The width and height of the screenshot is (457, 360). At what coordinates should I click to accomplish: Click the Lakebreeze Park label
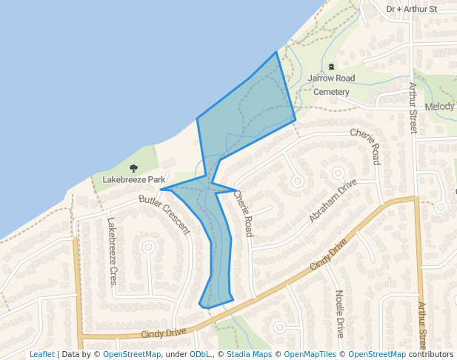click(x=133, y=179)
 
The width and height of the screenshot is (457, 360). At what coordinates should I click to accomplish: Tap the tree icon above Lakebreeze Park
click(x=134, y=169)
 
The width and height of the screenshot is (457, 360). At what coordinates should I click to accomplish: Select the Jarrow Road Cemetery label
click(x=331, y=84)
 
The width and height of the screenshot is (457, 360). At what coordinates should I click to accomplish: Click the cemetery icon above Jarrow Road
click(x=331, y=67)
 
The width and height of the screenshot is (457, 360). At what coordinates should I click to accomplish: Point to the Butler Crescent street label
click(x=164, y=214)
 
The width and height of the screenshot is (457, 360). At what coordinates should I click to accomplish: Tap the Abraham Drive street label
click(x=333, y=201)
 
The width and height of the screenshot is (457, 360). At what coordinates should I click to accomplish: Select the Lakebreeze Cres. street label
click(x=113, y=252)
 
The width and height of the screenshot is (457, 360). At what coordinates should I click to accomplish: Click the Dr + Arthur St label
click(x=413, y=9)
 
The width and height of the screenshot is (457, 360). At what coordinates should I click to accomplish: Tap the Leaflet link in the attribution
click(x=41, y=354)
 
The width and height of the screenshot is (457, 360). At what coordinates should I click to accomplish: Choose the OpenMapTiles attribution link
click(x=307, y=354)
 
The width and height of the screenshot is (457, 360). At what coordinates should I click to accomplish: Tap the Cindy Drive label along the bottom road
click(x=163, y=333)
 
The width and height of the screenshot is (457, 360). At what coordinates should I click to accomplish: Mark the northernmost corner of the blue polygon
click(x=277, y=52)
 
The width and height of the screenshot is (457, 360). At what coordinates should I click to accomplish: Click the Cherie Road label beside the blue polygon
click(x=244, y=214)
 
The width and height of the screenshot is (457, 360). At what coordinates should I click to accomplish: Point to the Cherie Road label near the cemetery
click(x=370, y=144)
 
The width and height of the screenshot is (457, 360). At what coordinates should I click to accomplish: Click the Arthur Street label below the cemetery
click(x=413, y=108)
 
